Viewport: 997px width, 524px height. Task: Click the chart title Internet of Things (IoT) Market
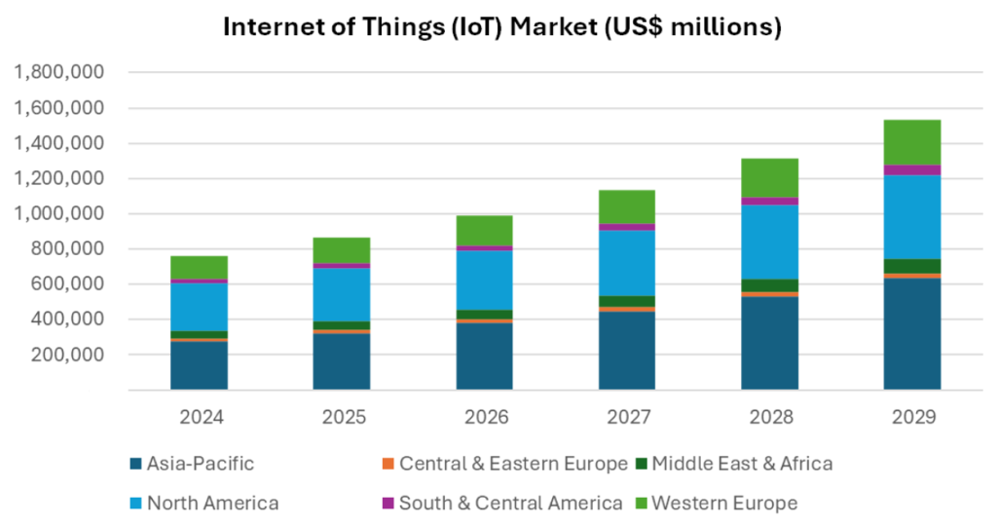(502, 27)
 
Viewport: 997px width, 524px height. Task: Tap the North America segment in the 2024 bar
(200, 307)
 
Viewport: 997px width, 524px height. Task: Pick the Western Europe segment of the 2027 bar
(627, 206)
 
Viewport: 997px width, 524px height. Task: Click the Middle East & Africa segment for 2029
(912, 266)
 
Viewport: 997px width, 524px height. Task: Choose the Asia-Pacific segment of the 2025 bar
(342, 361)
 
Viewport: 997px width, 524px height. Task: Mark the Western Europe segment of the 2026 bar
(485, 231)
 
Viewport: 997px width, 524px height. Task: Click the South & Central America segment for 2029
(912, 170)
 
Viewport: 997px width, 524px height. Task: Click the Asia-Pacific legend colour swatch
(135, 464)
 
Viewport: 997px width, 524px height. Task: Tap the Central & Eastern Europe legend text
(513, 464)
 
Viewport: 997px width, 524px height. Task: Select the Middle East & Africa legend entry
(740, 464)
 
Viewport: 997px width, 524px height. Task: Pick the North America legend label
(212, 504)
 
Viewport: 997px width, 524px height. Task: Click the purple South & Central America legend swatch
(387, 504)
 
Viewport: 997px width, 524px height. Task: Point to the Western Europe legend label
(724, 504)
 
